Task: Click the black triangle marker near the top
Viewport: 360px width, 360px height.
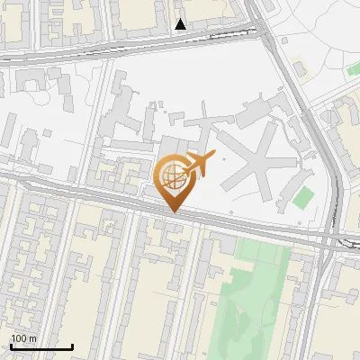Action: (x=181, y=24)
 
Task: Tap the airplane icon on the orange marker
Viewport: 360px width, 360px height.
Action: (x=199, y=163)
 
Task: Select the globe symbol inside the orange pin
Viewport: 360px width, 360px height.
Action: (x=171, y=175)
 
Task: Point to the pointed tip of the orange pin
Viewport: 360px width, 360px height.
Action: (x=173, y=211)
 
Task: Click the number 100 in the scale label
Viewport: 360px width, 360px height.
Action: (x=19, y=338)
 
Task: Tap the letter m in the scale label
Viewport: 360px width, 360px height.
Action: (x=32, y=338)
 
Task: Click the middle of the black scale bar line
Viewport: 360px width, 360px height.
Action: (x=41, y=346)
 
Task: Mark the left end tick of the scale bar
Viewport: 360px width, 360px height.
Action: (x=11, y=345)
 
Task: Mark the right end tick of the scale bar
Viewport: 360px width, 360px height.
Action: (x=72, y=345)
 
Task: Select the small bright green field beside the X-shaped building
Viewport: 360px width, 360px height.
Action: (x=304, y=196)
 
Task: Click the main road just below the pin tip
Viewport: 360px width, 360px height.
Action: (x=174, y=216)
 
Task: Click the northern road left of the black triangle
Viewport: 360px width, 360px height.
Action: (x=108, y=42)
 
